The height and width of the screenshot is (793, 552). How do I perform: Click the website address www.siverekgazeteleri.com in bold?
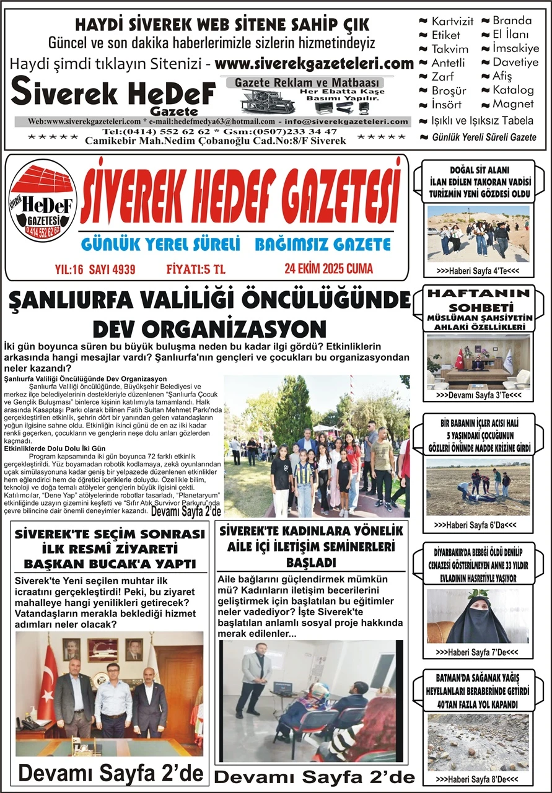315,64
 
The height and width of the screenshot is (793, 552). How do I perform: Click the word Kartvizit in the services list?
452,21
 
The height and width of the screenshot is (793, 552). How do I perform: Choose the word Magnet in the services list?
513,103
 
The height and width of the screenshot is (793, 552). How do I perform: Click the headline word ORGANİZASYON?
209,329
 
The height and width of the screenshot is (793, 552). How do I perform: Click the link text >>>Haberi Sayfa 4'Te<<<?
477,271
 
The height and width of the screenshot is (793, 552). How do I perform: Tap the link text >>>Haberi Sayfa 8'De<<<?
476,779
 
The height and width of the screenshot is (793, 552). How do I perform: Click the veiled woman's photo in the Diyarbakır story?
478,615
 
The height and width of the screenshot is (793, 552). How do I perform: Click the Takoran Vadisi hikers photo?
478,234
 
